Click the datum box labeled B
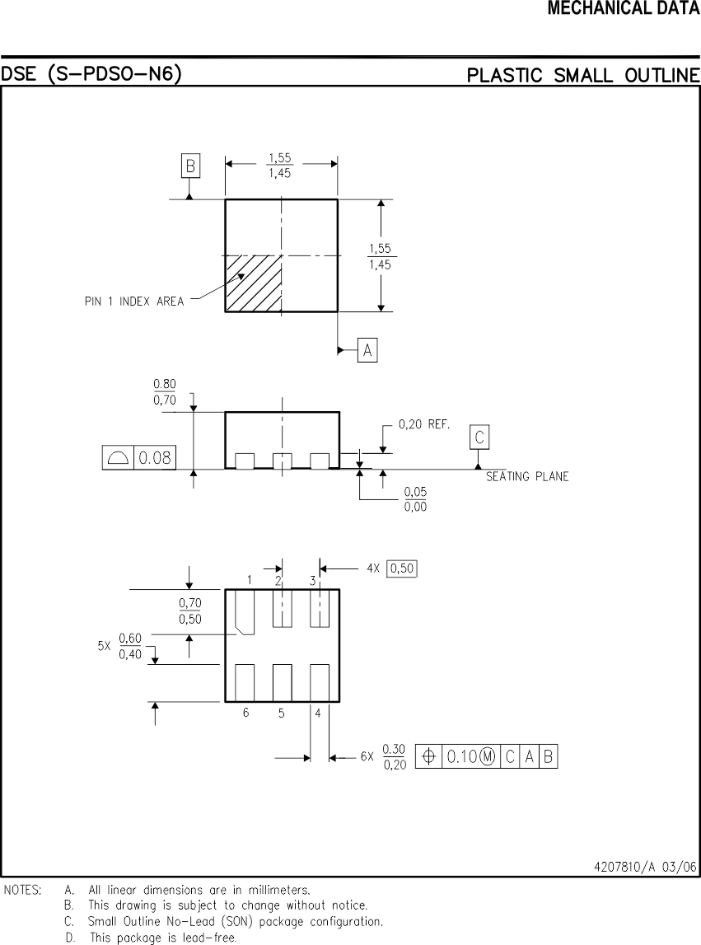pyautogui.click(x=190, y=166)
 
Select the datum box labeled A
pyautogui.click(x=367, y=351)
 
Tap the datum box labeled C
pyautogui.click(x=479, y=437)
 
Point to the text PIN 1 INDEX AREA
pyautogui.click(x=134, y=302)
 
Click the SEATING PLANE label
pyautogui.click(x=527, y=477)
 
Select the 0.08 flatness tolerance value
pyautogui.click(x=155, y=458)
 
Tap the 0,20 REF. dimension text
pyautogui.click(x=423, y=425)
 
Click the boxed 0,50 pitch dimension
pyautogui.click(x=402, y=568)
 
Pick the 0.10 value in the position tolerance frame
pyautogui.click(x=462, y=756)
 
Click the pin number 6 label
pyautogui.click(x=245, y=713)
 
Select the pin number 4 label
pyautogui.click(x=317, y=713)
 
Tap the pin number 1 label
pyautogui.click(x=249, y=580)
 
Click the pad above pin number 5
pyautogui.click(x=282, y=682)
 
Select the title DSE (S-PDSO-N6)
pyautogui.click(x=91, y=75)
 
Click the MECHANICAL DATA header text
pyautogui.click(x=624, y=9)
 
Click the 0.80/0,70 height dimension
pyautogui.click(x=165, y=391)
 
